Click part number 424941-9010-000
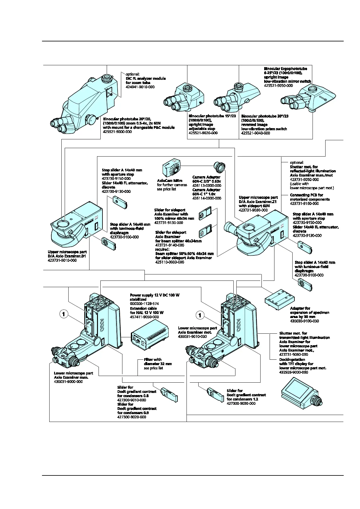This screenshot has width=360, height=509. (x=140, y=87)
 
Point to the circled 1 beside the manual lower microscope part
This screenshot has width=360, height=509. (x=63, y=314)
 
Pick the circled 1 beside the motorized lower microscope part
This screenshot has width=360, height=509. (x=200, y=315)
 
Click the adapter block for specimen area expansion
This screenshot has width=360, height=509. (x=279, y=298)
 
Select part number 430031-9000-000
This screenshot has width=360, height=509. (x=68, y=382)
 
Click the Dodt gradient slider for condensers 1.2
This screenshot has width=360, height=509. (x=215, y=394)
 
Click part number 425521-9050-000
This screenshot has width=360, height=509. (x=278, y=86)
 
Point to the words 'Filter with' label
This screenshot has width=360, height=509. (x=153, y=360)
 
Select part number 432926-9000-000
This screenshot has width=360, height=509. (x=294, y=372)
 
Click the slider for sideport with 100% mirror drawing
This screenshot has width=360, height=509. (x=205, y=214)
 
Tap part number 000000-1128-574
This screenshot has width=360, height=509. (x=144, y=303)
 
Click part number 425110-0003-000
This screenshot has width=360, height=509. (x=170, y=262)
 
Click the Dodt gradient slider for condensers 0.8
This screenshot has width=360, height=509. (x=169, y=395)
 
